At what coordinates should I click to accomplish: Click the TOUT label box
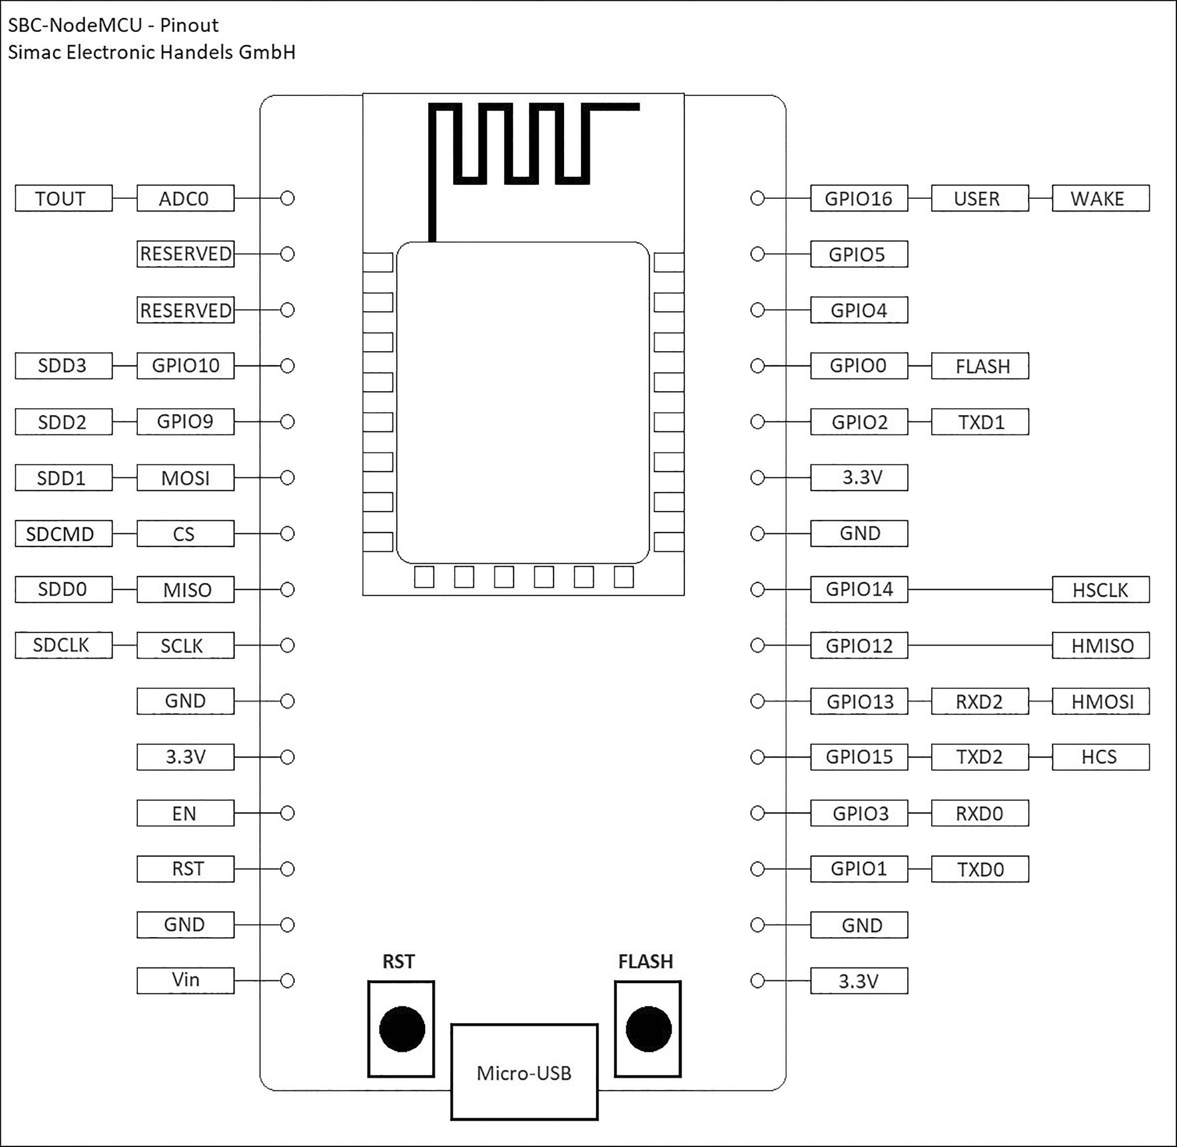pyautogui.click(x=63, y=198)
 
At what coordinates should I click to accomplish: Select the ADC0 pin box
pyautogui.click(x=185, y=198)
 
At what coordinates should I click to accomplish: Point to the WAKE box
pyautogui.click(x=1100, y=198)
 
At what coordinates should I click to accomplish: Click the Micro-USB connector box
pyautogui.click(x=524, y=1073)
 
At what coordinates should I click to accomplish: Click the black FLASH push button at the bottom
pyautogui.click(x=648, y=1029)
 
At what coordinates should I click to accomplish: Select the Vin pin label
pyautogui.click(x=185, y=980)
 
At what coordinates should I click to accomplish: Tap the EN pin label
pyautogui.click(x=185, y=813)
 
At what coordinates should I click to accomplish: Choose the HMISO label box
pyautogui.click(x=1100, y=645)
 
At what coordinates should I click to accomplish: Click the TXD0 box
pyautogui.click(x=979, y=869)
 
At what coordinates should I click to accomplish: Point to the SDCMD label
pyautogui.click(x=63, y=534)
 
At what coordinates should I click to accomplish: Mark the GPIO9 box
pyautogui.click(x=185, y=422)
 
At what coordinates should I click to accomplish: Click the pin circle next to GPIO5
pyautogui.click(x=757, y=254)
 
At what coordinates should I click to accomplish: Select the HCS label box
pyautogui.click(x=1100, y=757)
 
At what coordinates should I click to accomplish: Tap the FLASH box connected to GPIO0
pyautogui.click(x=979, y=365)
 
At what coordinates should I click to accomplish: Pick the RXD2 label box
pyautogui.click(x=979, y=701)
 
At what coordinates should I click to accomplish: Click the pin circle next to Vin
pyautogui.click(x=287, y=981)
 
